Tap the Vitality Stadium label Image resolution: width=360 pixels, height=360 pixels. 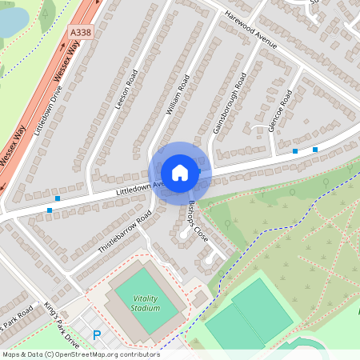146,303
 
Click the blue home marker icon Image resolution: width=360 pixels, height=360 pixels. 180,172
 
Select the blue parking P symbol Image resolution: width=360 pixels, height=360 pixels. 98,337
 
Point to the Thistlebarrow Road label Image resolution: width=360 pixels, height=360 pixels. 125,233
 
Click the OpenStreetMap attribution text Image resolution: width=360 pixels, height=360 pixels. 81,354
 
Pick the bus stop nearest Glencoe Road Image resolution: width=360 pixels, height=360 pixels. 295,150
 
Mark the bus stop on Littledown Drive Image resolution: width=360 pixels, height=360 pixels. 57,198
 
